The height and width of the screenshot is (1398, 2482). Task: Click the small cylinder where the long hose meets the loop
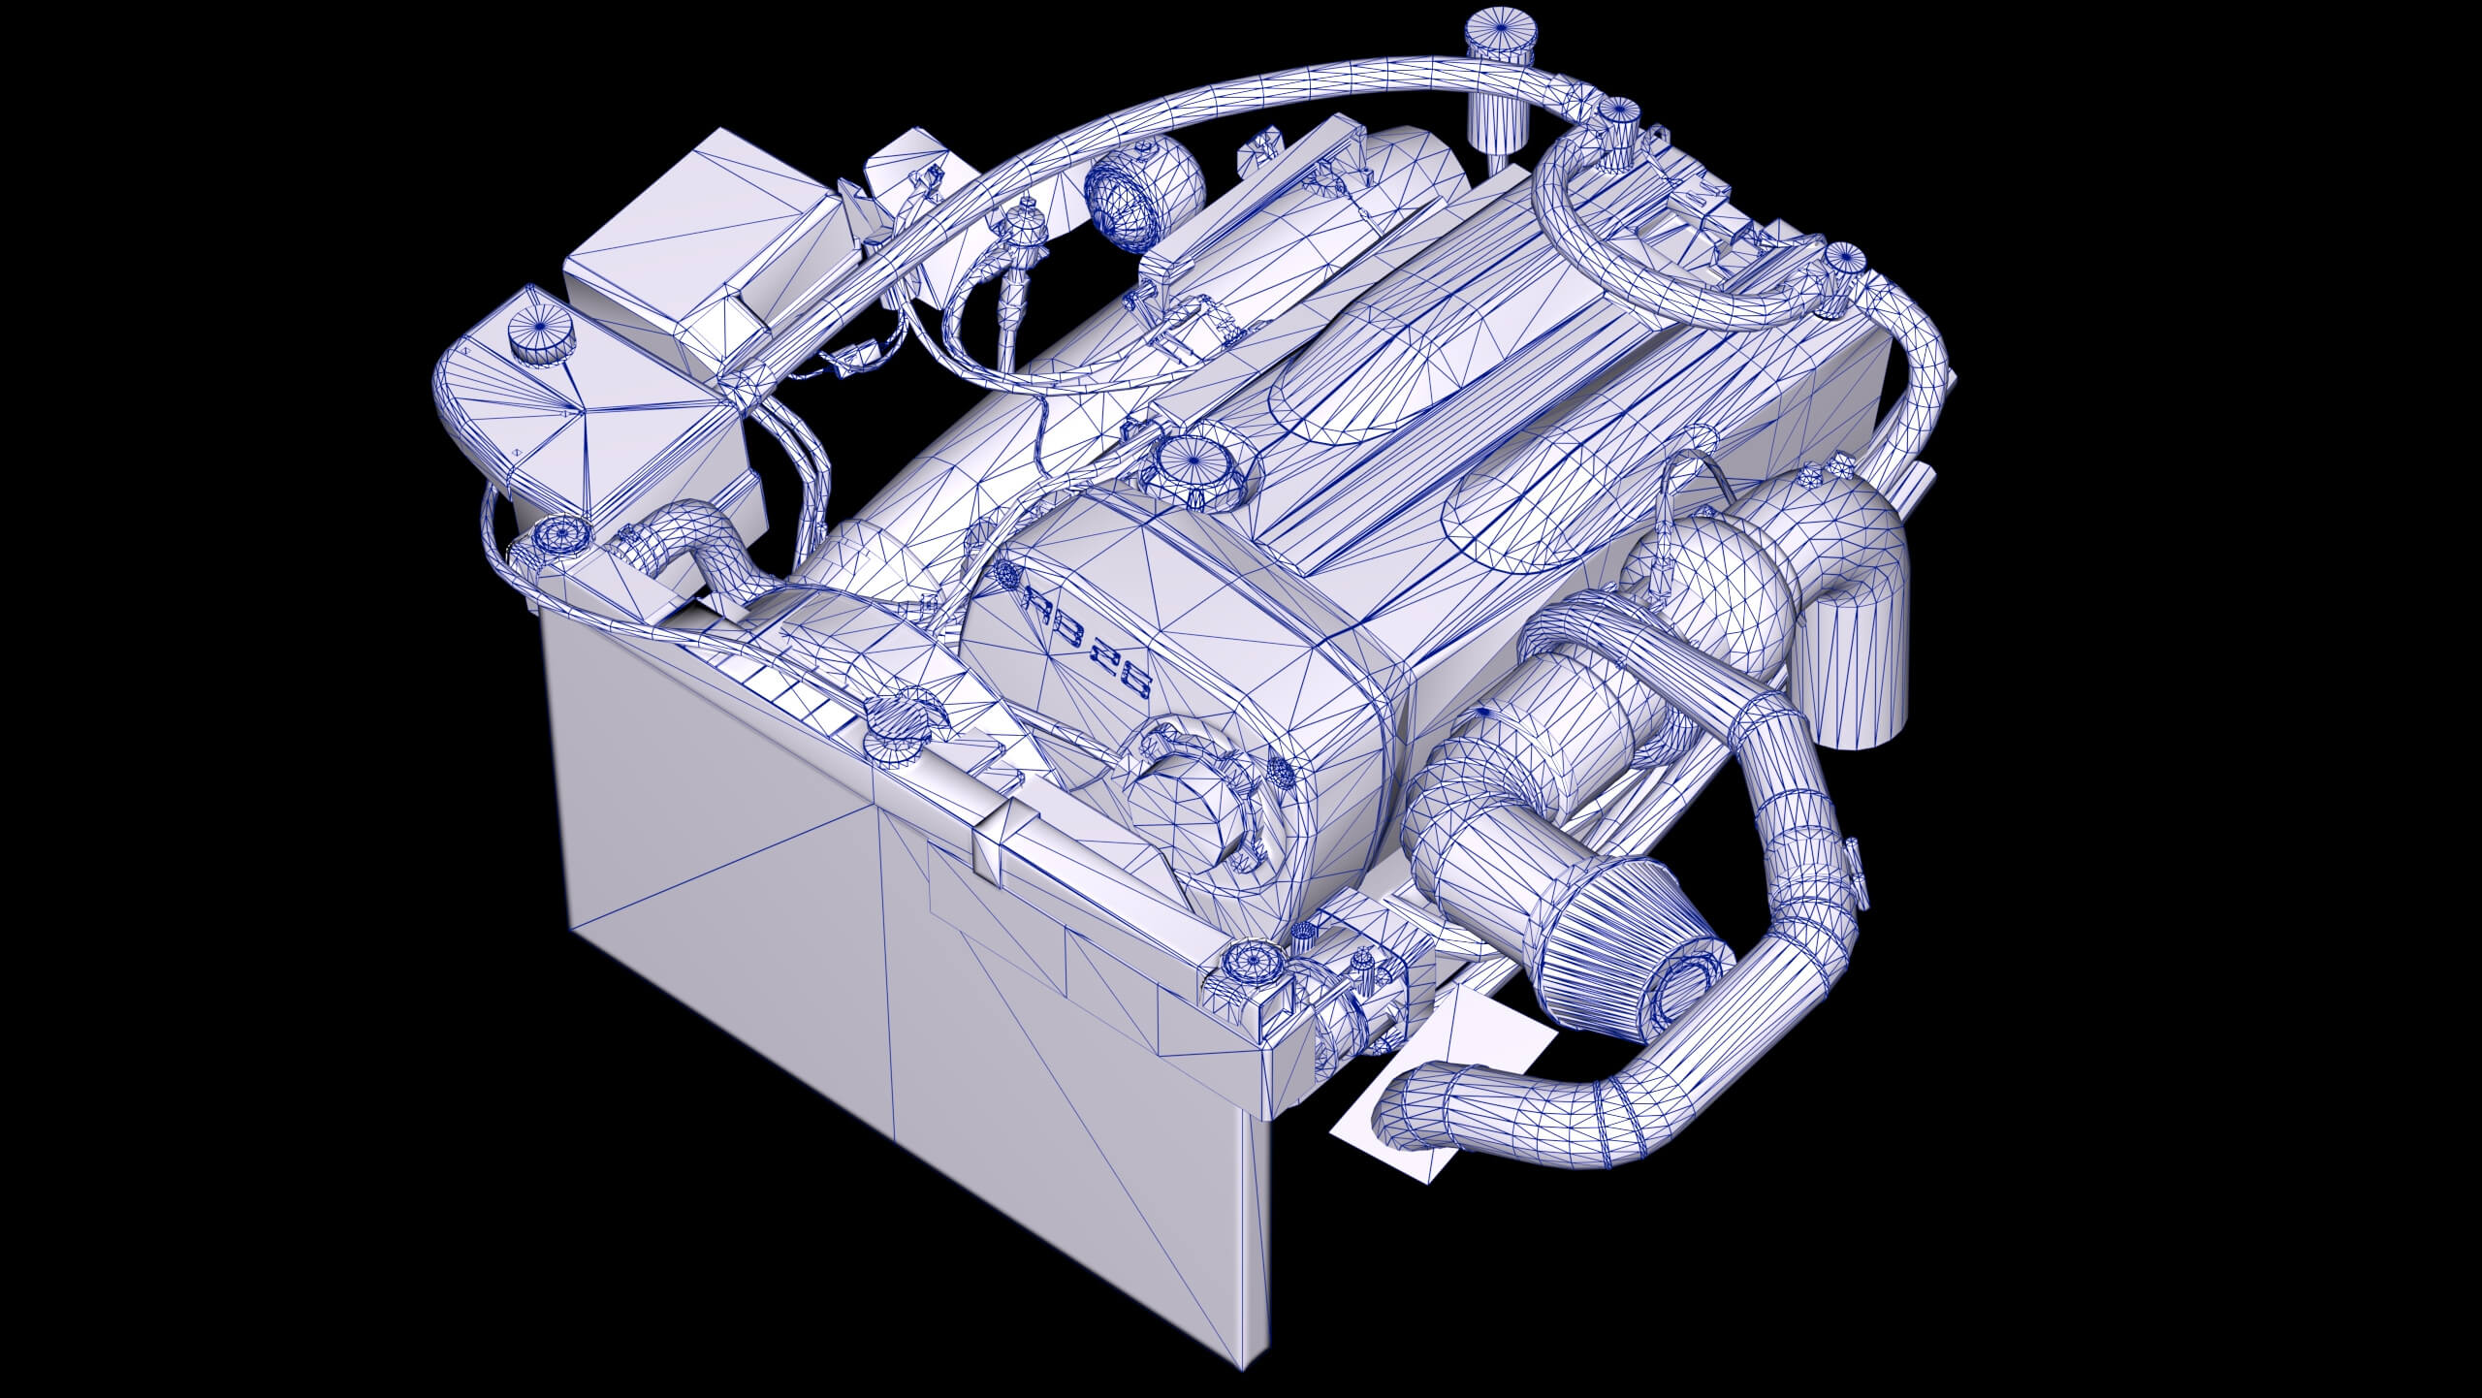point(1615,114)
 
